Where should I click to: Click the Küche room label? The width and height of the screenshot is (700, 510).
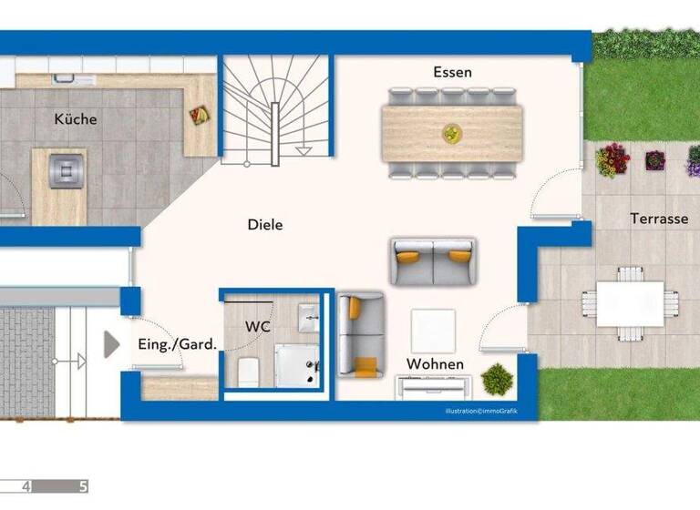click(75, 119)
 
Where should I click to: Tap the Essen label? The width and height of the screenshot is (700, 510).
click(452, 72)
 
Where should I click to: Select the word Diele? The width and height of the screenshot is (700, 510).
click(265, 225)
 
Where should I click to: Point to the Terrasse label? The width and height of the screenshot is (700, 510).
click(658, 219)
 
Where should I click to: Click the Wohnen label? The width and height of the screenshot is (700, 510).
click(435, 364)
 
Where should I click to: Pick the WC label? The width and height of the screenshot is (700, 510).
click(258, 325)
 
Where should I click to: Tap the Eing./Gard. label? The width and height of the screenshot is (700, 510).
click(177, 344)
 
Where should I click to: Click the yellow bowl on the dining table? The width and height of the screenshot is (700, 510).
click(452, 134)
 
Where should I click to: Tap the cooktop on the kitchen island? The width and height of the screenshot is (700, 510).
click(67, 168)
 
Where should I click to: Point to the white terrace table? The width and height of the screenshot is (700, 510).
click(630, 303)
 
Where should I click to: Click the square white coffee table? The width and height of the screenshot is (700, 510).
click(433, 331)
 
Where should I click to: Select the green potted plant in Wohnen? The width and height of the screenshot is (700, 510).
click(497, 379)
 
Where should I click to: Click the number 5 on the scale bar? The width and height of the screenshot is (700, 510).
click(83, 486)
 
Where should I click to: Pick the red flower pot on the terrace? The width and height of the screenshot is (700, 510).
click(612, 160)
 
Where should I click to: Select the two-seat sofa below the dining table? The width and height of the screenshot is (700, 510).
click(432, 261)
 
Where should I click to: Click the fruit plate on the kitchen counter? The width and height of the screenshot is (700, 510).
click(198, 115)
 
